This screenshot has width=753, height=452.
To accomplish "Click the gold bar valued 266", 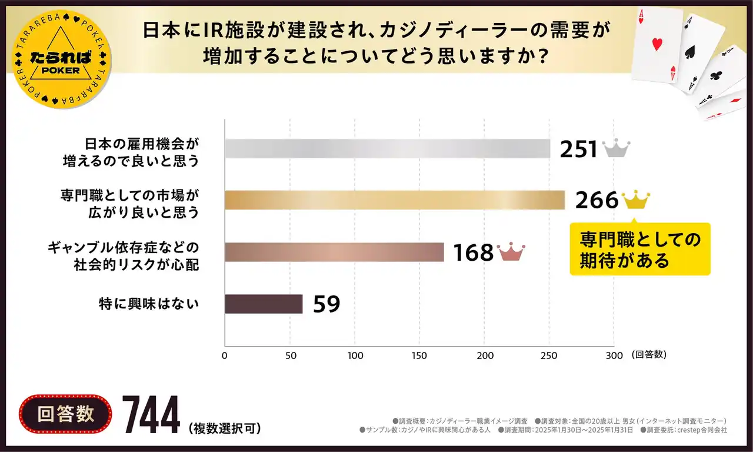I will (x=395, y=200).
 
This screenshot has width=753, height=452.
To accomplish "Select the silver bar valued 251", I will (x=387, y=149).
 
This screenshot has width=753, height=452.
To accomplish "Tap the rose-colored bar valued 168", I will (x=334, y=252).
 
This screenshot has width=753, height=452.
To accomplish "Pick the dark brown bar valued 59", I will (x=264, y=304).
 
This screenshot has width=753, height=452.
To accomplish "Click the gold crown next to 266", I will (x=636, y=200).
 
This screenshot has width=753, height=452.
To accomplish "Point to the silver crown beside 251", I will (x=616, y=149).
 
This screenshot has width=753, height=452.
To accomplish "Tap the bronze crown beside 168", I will (x=511, y=252).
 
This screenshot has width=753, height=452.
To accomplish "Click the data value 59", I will (x=326, y=304).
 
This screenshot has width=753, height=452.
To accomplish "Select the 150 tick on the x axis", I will (x=419, y=355).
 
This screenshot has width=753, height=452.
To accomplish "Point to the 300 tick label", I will (x=614, y=355).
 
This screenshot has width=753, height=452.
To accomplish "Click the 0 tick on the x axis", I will (x=225, y=355).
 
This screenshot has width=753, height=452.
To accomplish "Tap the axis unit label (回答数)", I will (x=649, y=355).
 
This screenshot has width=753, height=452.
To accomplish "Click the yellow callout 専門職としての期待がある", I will (x=640, y=250).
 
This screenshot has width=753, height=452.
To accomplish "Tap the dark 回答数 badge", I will (x=65, y=414).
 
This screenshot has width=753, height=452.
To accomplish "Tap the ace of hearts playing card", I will (x=657, y=48).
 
